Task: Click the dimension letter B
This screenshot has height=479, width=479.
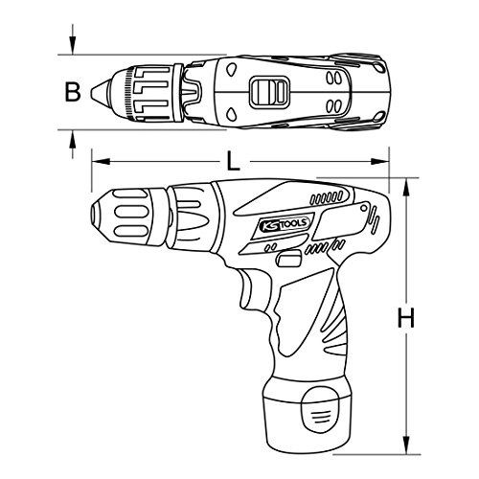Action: pos(72,92)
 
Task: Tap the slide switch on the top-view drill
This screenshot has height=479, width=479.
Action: pos(268,92)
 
